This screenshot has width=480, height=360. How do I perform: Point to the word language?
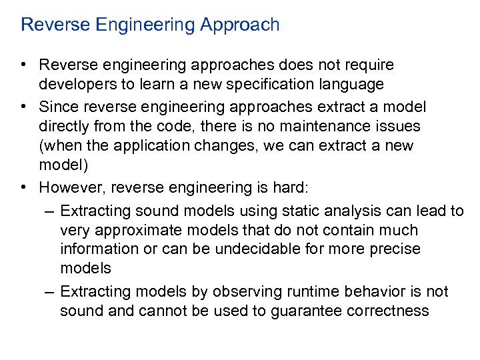349,85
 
